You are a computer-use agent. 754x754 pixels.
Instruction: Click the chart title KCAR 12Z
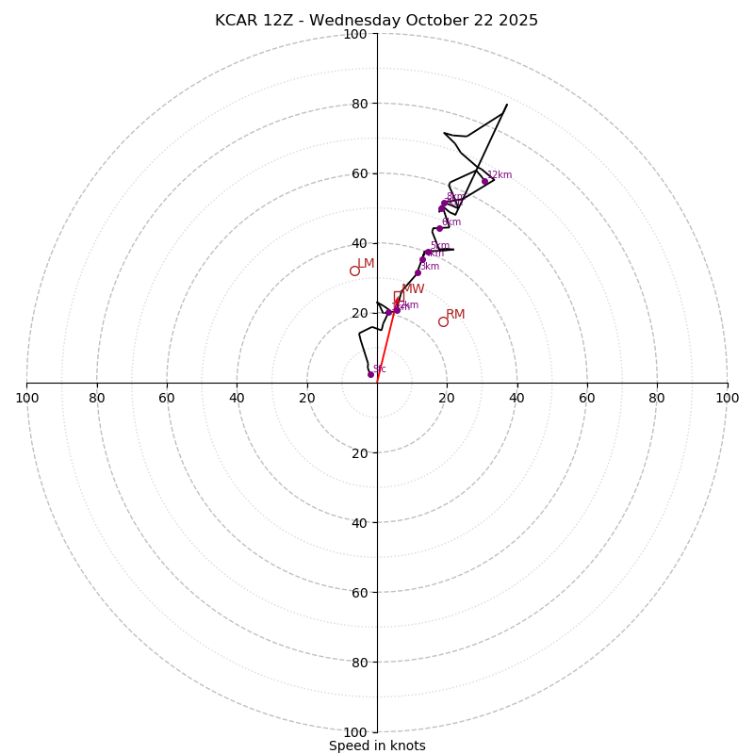pos(376,21)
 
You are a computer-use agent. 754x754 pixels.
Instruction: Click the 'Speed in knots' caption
pos(377,746)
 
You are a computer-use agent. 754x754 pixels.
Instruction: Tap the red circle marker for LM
pos(355,271)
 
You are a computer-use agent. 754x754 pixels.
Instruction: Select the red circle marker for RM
pos(443,321)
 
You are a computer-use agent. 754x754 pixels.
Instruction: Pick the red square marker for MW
pos(399,296)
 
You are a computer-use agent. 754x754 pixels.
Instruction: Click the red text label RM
pos(455,314)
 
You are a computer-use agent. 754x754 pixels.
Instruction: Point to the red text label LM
pos(366,264)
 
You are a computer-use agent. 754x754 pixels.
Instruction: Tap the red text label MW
pos(413,289)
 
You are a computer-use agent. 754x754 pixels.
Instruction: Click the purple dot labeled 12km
pos(485,181)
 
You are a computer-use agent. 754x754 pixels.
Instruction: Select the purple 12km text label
pos(500,174)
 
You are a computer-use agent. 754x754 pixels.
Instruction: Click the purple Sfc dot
pos(370,374)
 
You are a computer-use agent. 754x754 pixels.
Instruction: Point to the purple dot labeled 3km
pos(418,273)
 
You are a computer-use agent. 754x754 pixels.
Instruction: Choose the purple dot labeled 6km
pos(439,228)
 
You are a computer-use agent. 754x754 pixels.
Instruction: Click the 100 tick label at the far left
pos(27,398)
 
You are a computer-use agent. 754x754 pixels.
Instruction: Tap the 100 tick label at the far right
pos(727,398)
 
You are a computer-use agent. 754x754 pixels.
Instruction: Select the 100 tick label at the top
pos(355,34)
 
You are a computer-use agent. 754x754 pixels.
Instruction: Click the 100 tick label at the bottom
pos(355,731)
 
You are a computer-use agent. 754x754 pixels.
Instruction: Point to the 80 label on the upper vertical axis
pos(358,104)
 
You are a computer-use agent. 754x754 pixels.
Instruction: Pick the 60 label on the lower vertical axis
pos(358,592)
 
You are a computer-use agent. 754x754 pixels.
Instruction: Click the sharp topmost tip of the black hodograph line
pos(507,104)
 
